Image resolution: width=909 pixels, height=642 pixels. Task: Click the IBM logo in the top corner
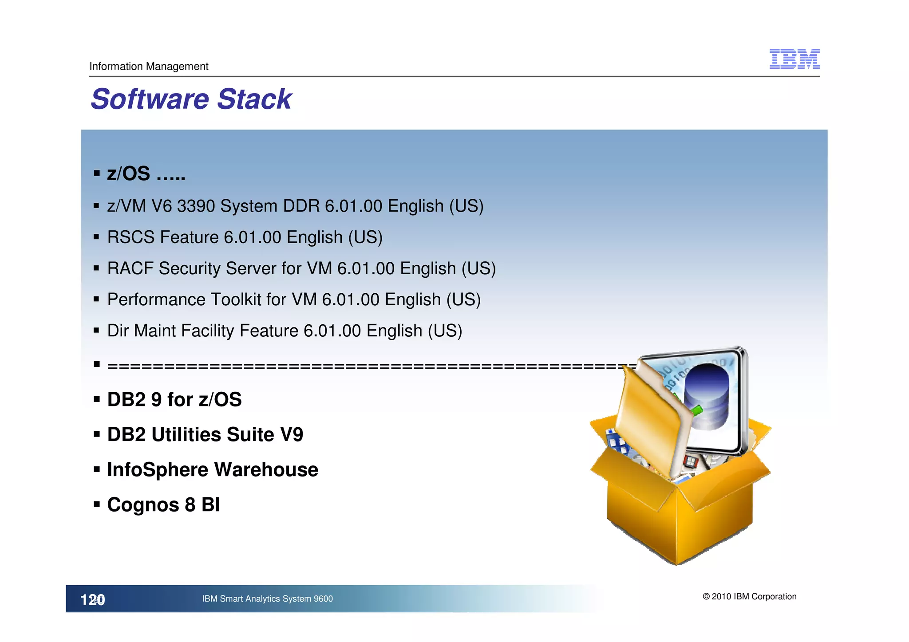coord(794,59)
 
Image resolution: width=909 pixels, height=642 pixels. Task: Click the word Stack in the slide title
coord(254,99)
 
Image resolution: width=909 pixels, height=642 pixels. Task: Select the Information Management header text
coord(149,67)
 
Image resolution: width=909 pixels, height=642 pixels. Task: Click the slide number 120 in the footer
coord(92,600)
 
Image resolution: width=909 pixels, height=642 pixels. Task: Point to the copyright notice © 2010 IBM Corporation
coord(749,597)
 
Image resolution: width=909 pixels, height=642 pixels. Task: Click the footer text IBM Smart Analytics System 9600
coord(267,599)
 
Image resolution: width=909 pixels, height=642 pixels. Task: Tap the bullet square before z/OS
coord(96,173)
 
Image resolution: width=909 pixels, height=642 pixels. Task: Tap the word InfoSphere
coord(158,470)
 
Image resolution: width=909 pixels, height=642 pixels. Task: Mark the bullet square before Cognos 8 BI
coord(96,504)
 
